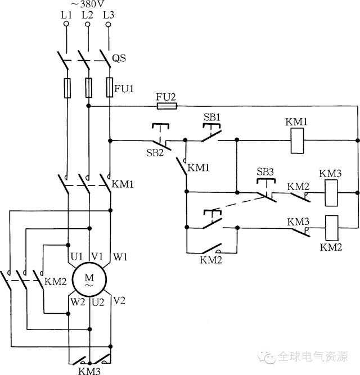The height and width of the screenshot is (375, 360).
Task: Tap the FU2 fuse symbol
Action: pos(167,106)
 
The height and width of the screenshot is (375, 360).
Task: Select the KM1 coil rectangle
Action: pos(298,141)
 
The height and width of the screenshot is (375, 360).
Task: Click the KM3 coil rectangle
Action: pos(331,193)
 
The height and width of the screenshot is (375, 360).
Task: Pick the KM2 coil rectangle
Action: pos(331,228)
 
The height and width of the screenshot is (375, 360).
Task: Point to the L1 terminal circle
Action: pos(66,24)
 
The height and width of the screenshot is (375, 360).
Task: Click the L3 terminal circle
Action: pos(109,24)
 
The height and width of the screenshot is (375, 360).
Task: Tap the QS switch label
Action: pos(119,58)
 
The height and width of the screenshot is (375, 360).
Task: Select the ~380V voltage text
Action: pos(88,4)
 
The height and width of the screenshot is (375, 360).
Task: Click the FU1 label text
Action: pos(124,89)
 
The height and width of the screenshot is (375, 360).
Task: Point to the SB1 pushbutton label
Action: pos(211,117)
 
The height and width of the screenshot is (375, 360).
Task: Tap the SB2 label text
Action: pos(155,152)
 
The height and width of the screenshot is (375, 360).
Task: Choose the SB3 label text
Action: pos(265,171)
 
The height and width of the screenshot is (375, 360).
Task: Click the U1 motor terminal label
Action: pos(76,256)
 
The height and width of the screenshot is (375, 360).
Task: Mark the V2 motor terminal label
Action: pos(119,300)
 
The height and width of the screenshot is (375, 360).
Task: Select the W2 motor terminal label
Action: pos(78,302)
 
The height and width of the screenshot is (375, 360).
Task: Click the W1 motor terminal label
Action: pos(120,257)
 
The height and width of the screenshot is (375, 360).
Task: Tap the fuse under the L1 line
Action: pos(67,88)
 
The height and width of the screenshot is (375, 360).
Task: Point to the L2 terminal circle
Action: pos(88,24)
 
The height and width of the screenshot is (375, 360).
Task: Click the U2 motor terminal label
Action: pos(98,302)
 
